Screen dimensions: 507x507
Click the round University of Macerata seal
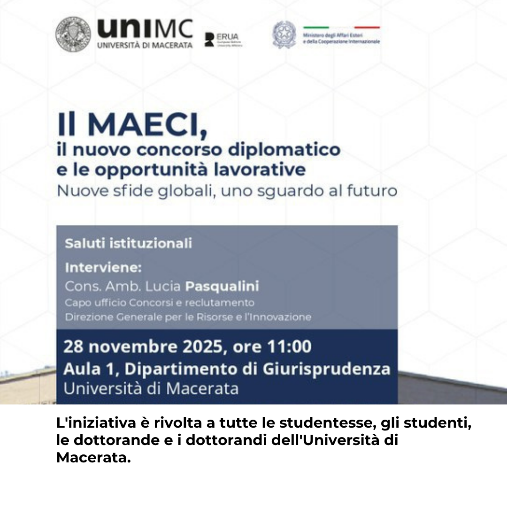pos(73,34)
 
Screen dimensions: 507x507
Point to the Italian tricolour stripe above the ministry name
pos(341,27)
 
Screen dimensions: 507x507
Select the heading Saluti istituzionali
pos(128,244)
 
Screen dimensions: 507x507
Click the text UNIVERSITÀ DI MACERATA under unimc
pos(145,46)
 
